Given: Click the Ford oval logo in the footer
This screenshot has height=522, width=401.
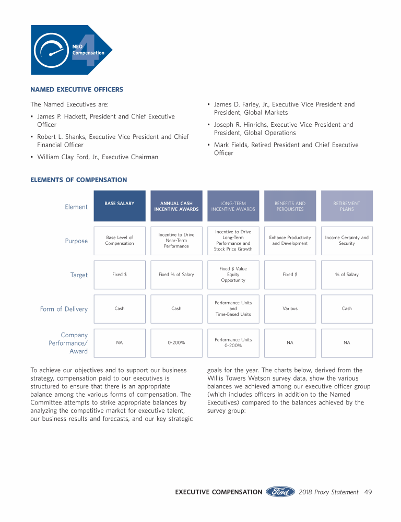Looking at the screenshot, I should (280, 492).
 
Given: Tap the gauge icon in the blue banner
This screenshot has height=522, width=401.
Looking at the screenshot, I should (51, 51).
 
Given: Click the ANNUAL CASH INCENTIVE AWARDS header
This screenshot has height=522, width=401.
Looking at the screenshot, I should (176, 206).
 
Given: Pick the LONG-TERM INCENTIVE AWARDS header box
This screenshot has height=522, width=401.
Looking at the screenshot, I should (233, 206).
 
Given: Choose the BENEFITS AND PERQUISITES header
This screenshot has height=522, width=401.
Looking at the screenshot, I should (290, 206).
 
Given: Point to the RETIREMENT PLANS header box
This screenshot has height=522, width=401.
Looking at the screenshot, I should (347, 206).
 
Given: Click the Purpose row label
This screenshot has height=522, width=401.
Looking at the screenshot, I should (76, 241).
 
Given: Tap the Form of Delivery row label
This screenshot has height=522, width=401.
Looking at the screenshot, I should (64, 309).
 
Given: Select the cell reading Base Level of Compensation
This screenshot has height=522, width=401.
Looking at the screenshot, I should (120, 241).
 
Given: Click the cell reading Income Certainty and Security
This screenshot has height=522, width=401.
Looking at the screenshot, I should (347, 241).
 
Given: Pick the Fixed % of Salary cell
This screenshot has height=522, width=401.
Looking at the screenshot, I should (176, 275).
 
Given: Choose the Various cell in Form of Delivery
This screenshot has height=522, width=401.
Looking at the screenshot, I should (290, 309).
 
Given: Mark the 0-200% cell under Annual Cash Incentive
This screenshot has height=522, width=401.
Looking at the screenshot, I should (176, 343).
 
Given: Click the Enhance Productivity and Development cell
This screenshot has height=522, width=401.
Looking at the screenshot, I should (290, 241).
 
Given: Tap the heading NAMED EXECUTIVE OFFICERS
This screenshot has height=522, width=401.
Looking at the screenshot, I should (77, 90).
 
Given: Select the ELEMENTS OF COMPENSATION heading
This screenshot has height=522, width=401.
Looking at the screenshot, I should (79, 180).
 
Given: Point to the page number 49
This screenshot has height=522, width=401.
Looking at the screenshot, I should (368, 492).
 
